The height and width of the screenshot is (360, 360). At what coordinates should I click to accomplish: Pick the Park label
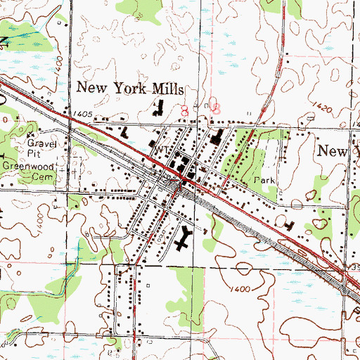(265, 180)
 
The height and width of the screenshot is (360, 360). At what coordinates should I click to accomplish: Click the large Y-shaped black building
(185, 239)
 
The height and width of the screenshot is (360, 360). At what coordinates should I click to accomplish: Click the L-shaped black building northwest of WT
(125, 131)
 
